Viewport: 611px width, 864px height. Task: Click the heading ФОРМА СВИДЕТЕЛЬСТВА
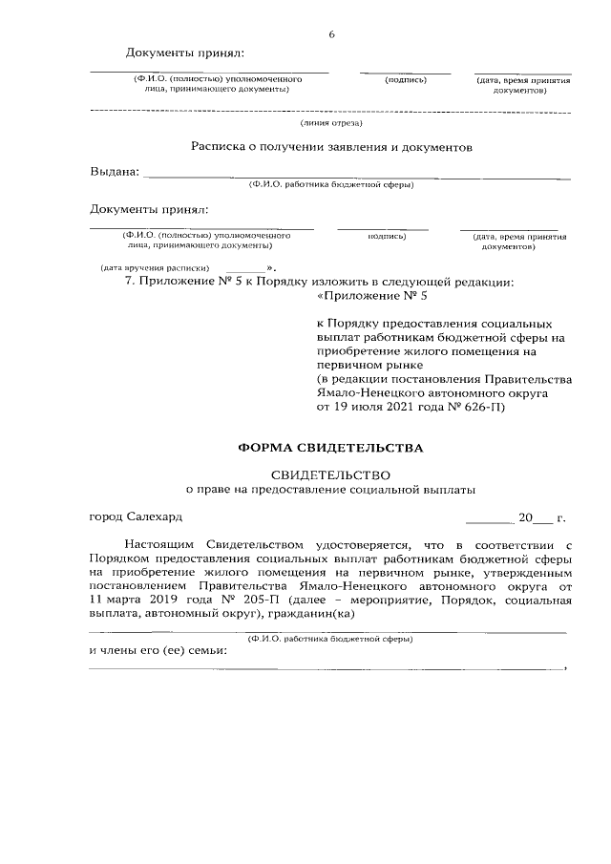click(329, 447)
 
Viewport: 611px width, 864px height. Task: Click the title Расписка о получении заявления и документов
click(330, 148)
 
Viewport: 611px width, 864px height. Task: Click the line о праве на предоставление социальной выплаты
click(330, 490)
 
